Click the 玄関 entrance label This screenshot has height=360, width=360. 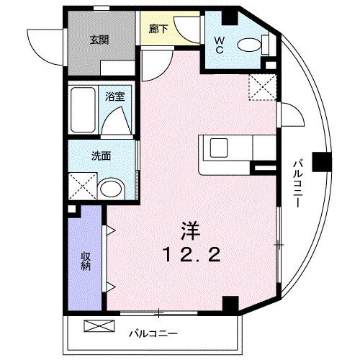click(x=99, y=40)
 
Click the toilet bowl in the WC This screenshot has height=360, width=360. click(x=249, y=45)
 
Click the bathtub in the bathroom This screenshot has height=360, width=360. click(x=85, y=110)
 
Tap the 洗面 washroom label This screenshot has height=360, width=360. click(x=100, y=156)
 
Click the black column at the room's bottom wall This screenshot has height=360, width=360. click(x=229, y=304)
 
